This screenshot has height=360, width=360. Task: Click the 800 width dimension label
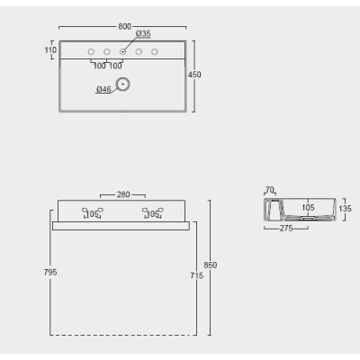point(124,26)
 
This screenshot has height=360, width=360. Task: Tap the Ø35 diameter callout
point(143,33)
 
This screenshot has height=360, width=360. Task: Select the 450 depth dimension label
point(194,75)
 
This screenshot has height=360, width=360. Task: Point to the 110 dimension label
point(50,49)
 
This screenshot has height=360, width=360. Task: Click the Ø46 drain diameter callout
point(103,89)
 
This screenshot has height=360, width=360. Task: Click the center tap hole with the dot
point(122,52)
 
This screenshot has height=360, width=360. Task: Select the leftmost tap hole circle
point(91,52)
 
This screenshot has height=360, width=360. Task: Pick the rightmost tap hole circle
point(155,52)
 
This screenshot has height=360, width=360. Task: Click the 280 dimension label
point(123,194)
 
